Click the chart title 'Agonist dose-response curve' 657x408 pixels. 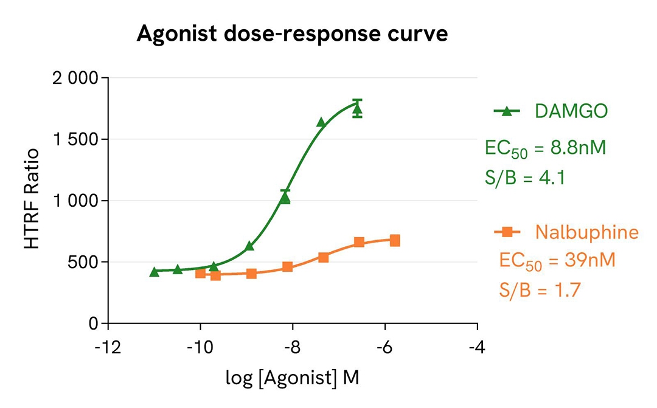click(292, 34)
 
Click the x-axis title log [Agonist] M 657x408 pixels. click(293, 378)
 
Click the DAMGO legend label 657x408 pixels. click(571, 111)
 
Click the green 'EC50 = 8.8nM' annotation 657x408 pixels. click(545, 148)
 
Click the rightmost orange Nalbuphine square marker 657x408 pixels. click(395, 240)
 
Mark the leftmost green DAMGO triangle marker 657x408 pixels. click(154, 272)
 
